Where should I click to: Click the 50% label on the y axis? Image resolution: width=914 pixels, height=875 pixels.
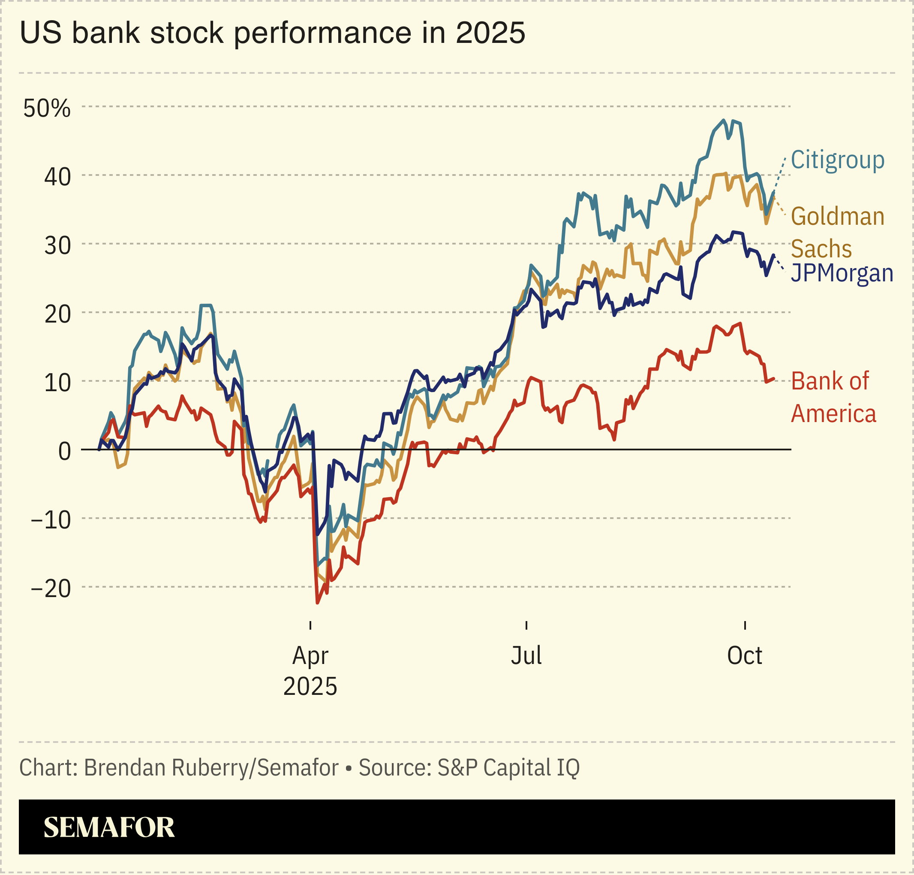(x=47, y=108)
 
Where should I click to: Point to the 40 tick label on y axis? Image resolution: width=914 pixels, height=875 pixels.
(x=57, y=177)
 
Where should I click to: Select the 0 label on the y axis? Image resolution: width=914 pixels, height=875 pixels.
(x=64, y=451)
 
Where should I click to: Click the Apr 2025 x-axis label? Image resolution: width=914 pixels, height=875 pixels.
(x=310, y=671)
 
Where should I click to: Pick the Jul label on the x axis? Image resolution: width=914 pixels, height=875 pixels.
(x=526, y=655)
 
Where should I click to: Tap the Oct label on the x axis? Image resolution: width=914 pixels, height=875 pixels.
(x=744, y=655)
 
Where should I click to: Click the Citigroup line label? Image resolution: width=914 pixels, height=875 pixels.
(x=838, y=160)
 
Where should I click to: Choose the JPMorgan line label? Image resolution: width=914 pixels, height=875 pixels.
(x=842, y=273)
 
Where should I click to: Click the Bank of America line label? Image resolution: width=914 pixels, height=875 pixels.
(x=833, y=397)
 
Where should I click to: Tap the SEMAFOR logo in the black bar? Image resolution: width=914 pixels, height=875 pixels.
(x=109, y=827)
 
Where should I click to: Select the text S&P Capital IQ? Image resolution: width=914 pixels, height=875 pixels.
(x=508, y=768)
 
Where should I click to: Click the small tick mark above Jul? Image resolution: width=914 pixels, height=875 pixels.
(x=526, y=625)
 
